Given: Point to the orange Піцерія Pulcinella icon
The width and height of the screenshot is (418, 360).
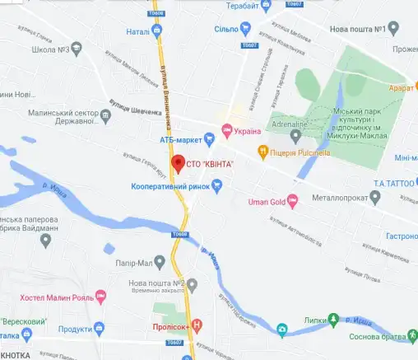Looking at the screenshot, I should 262,151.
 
